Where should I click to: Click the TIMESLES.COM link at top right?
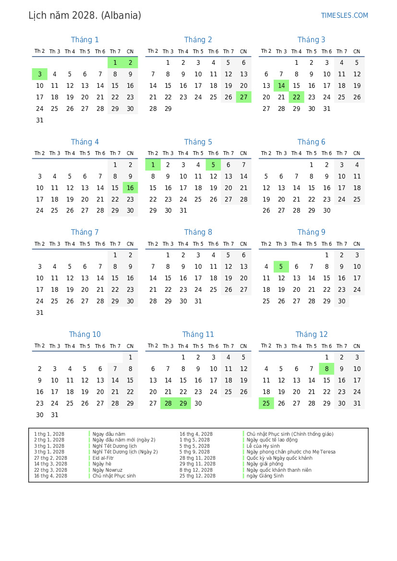[x=344, y=15]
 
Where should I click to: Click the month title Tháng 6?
[x=311, y=142]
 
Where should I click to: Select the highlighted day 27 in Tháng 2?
[x=243, y=97]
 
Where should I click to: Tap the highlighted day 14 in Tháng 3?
[x=281, y=86]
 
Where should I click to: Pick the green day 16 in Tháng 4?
[x=130, y=188]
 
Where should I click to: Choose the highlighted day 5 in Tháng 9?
[x=281, y=267]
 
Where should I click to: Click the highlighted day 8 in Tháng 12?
[x=326, y=369]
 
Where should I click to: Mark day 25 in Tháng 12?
[x=266, y=404]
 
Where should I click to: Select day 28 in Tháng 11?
[x=168, y=404]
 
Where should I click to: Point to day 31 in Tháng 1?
[x=40, y=120]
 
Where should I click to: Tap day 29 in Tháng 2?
[x=168, y=109]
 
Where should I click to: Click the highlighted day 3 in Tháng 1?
[x=40, y=74]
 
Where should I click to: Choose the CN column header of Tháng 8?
[x=243, y=244]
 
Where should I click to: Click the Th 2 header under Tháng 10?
[x=40, y=346]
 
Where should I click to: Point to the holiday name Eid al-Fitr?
[x=103, y=458]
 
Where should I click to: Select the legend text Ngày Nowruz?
[x=108, y=470]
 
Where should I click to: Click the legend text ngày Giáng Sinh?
[x=265, y=476]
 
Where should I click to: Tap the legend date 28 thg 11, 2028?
[x=197, y=458]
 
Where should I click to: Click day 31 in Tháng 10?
[x=55, y=415]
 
